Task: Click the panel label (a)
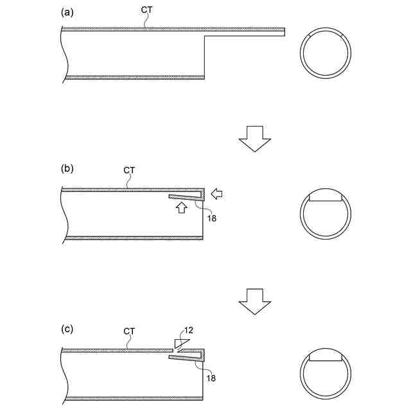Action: (x=67, y=13)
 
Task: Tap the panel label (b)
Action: (x=67, y=168)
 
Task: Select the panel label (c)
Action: (x=67, y=329)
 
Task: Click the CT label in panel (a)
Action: (x=146, y=10)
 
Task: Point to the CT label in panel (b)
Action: (x=129, y=170)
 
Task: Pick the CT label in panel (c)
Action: (x=129, y=331)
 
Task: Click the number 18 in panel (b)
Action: (x=212, y=218)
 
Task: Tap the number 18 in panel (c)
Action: (x=211, y=378)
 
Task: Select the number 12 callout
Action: (x=189, y=330)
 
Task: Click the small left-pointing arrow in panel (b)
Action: (x=217, y=194)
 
